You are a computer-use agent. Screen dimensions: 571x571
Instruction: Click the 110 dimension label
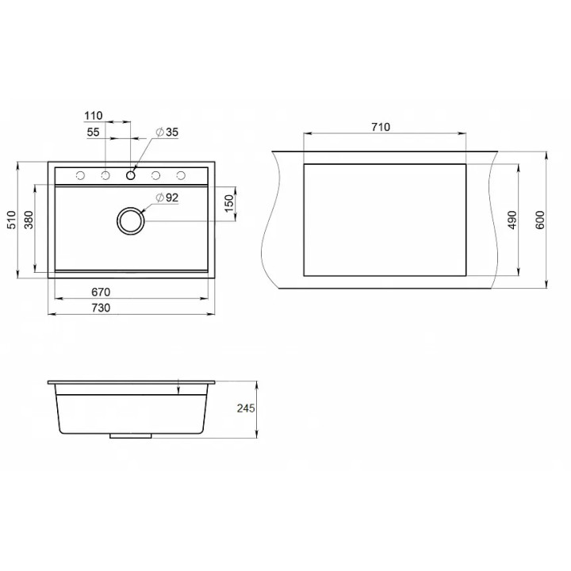(94, 116)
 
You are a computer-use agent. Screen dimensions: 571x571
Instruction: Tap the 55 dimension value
(94, 132)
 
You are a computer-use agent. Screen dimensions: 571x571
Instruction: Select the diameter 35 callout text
(167, 132)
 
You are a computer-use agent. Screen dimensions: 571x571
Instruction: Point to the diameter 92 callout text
(167, 197)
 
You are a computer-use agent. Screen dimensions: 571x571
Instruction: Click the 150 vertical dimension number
(228, 204)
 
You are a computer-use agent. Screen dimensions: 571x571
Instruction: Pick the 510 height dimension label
(12, 220)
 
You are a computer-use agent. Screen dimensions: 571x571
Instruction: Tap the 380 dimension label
(29, 220)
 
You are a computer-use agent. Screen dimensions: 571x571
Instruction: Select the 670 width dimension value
(101, 292)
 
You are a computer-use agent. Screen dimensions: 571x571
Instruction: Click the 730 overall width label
(101, 308)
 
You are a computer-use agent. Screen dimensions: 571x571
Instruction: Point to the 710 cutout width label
(381, 127)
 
